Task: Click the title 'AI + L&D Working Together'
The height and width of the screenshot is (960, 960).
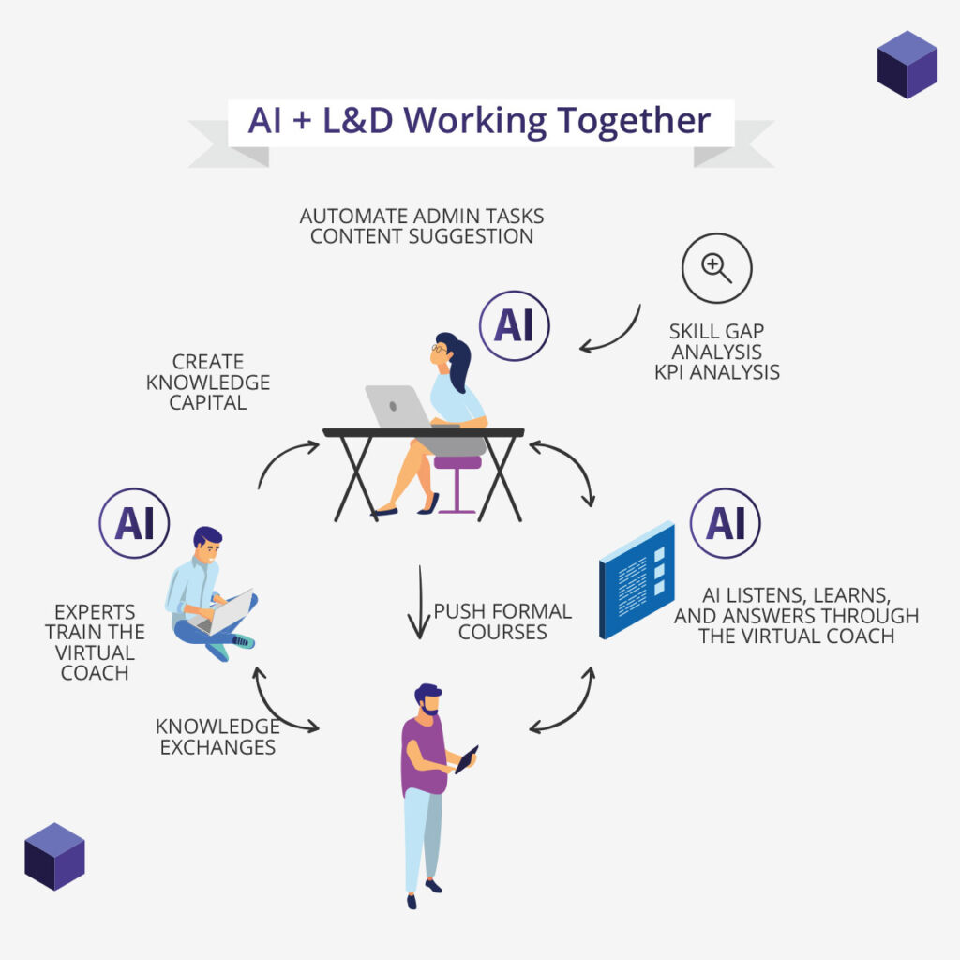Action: [479, 122]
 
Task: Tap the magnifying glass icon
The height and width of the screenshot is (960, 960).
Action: [717, 268]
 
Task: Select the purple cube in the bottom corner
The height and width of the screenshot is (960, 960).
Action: [54, 856]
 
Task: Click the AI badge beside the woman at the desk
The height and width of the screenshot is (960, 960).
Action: [514, 325]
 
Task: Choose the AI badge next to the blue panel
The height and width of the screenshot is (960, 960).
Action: [725, 523]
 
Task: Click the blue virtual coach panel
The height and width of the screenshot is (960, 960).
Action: [637, 578]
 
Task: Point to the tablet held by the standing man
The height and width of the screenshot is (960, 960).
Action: [466, 758]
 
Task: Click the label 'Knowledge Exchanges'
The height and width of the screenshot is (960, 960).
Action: [217, 737]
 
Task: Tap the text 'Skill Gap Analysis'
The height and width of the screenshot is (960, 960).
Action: [716, 342]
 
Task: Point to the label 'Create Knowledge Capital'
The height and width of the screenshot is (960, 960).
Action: [208, 382]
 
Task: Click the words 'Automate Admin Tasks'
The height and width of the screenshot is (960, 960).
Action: [422, 216]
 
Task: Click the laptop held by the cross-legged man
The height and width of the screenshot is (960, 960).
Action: [230, 612]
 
